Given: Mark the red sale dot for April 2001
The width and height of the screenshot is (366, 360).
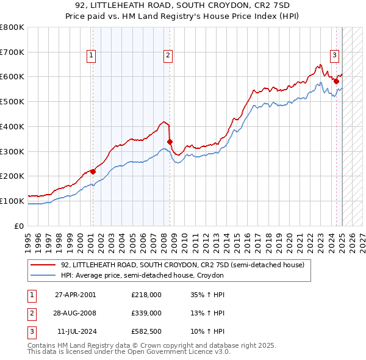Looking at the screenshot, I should coord(93,171).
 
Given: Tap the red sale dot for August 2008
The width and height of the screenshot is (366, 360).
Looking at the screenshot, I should coord(170,142).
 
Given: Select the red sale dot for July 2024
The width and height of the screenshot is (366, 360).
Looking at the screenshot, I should coord(336,81).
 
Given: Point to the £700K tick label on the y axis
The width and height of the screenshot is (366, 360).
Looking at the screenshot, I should coord(12,52).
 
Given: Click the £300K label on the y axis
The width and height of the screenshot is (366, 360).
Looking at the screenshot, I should coord(12,151).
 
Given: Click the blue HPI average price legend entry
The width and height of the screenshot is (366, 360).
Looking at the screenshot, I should coord(143,276).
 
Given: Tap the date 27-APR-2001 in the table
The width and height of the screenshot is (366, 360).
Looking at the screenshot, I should coord(76,295).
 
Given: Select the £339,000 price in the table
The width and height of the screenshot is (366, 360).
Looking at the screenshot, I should coord(146,313).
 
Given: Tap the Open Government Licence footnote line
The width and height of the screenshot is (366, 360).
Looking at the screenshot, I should coord(129,352).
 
